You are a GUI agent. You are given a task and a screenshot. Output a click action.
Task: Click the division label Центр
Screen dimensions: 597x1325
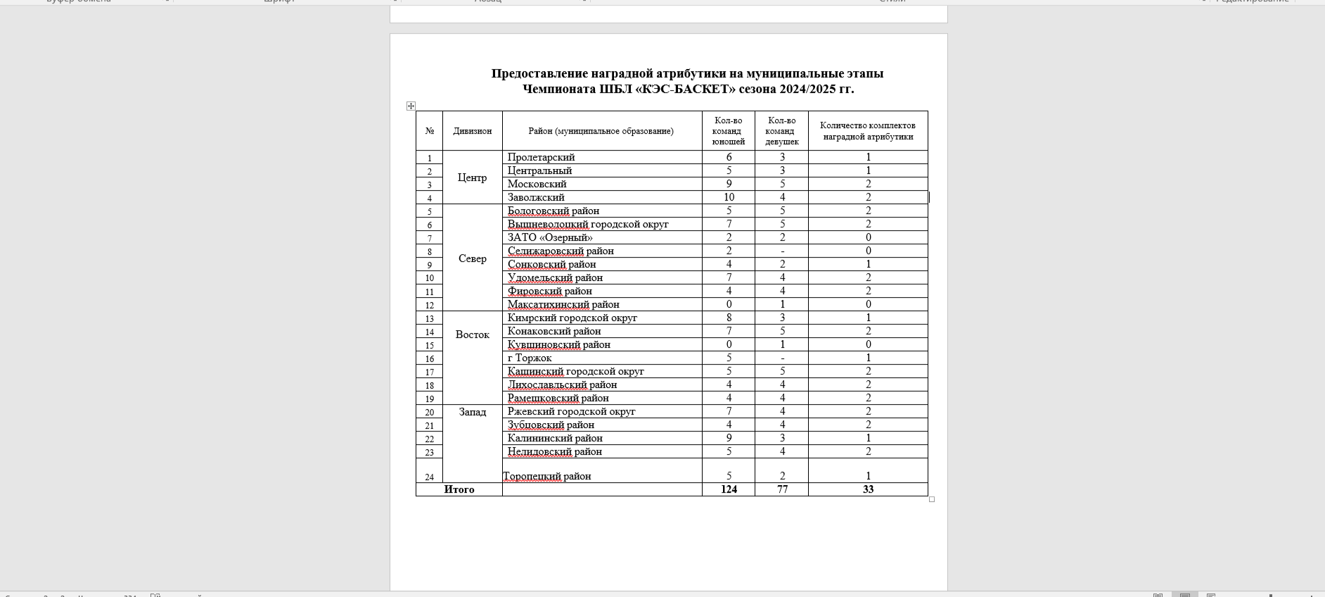[472, 177]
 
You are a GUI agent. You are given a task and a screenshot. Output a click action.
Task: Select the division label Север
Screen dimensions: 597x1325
[472, 258]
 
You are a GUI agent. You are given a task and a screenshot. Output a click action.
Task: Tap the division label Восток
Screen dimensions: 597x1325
[472, 334]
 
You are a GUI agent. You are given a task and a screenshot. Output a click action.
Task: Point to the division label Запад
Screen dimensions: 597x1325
[472, 412]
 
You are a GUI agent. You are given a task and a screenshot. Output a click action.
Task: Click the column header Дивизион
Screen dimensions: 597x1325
[472, 131]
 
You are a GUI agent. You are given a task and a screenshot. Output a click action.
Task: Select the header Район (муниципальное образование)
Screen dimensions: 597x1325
[601, 131]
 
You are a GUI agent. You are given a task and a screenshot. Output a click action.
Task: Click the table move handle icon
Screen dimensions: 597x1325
[411, 106]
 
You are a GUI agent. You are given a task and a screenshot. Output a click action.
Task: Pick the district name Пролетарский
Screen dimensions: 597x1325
[541, 157]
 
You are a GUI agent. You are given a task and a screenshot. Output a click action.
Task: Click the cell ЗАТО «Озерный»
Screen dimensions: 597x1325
[550, 237]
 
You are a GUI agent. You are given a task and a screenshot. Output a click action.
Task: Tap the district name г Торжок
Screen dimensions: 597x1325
[530, 358]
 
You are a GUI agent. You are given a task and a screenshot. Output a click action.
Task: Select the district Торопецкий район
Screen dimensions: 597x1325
[547, 476]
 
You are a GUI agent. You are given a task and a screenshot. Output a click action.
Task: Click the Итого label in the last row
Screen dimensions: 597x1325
[459, 489]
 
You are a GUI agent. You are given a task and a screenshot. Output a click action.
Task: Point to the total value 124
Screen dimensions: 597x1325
[729, 489]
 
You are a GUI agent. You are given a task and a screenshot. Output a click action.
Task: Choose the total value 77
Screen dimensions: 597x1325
[782, 489]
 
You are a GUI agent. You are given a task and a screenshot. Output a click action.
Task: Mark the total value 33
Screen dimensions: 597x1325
[868, 489]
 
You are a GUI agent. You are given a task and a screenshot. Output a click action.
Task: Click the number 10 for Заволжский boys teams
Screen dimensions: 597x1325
[729, 197]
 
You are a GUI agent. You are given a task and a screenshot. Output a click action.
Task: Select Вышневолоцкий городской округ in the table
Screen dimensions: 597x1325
[588, 224]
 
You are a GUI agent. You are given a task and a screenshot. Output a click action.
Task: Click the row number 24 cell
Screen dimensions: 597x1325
[429, 477]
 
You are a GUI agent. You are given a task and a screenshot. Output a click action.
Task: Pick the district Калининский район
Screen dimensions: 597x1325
[555, 438]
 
